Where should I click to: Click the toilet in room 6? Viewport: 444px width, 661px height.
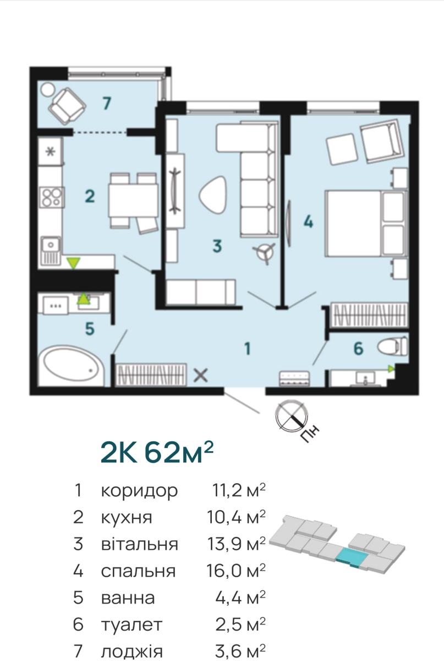pyautogui.click(x=392, y=346)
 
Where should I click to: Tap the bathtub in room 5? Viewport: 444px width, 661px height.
pyautogui.click(x=72, y=365)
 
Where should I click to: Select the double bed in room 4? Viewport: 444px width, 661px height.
pyautogui.click(x=366, y=224)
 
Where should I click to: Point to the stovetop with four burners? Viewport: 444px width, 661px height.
pyautogui.click(x=52, y=197)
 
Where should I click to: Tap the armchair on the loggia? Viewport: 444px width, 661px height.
pyautogui.click(x=67, y=106)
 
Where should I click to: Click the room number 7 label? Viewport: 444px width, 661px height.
pyautogui.click(x=107, y=104)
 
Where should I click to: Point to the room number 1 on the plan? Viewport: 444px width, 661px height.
pyautogui.click(x=248, y=349)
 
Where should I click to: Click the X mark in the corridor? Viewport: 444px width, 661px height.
pyautogui.click(x=201, y=375)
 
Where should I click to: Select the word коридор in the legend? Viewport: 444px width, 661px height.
pyautogui.click(x=139, y=491)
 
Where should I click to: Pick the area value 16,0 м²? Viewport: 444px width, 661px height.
pyautogui.click(x=236, y=571)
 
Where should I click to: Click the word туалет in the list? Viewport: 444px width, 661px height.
pyautogui.click(x=131, y=625)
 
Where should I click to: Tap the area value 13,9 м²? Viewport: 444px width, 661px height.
pyautogui.click(x=236, y=544)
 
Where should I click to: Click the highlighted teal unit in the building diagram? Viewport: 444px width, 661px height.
pyautogui.click(x=352, y=559)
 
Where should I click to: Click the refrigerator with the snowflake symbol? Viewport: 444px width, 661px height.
pyautogui.click(x=51, y=151)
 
